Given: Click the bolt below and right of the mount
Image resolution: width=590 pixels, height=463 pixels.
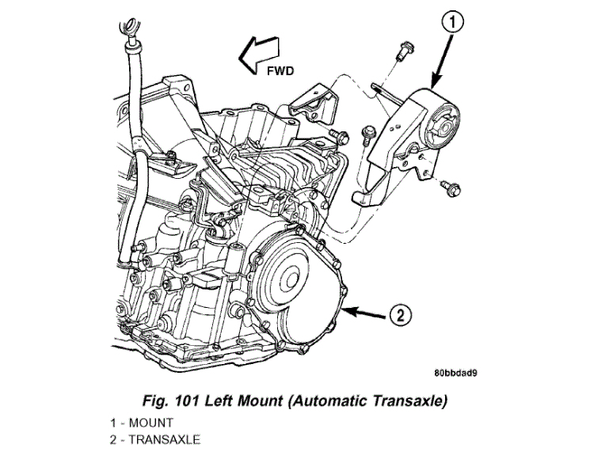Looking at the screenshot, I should tap(451, 188).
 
